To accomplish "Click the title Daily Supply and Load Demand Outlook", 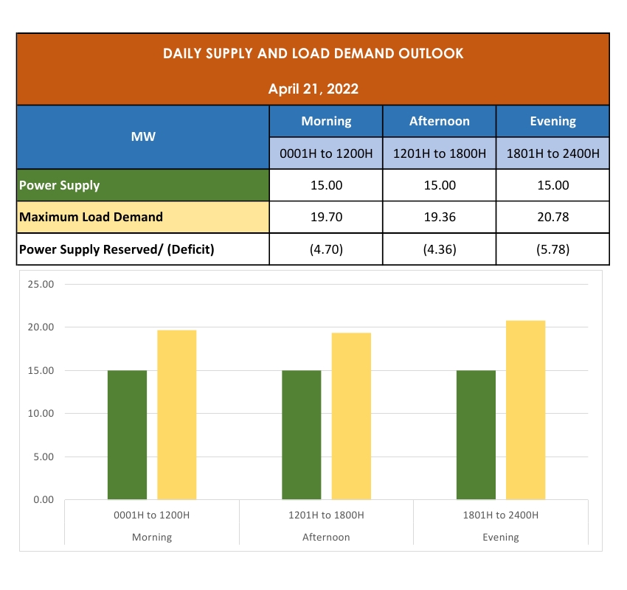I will (x=313, y=54).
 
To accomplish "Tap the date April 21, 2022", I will (x=313, y=89).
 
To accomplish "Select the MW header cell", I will (x=143, y=137).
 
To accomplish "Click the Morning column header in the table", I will (x=326, y=121).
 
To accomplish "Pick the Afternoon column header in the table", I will (x=440, y=121).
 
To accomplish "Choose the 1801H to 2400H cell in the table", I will (x=553, y=153).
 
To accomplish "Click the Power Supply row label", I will (x=60, y=185).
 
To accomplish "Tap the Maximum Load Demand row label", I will (x=91, y=218).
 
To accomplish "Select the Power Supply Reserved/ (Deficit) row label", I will (x=117, y=249).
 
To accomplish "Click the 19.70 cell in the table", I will (x=326, y=218).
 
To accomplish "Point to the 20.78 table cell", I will (x=553, y=218).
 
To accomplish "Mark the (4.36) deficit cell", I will (x=440, y=249).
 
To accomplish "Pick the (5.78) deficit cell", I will (x=553, y=249).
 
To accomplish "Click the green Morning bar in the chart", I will (x=127, y=435).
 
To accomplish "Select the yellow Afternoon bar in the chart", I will (x=351, y=416).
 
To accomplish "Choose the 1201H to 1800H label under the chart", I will (x=326, y=515).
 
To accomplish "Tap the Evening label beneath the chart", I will (x=501, y=537).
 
